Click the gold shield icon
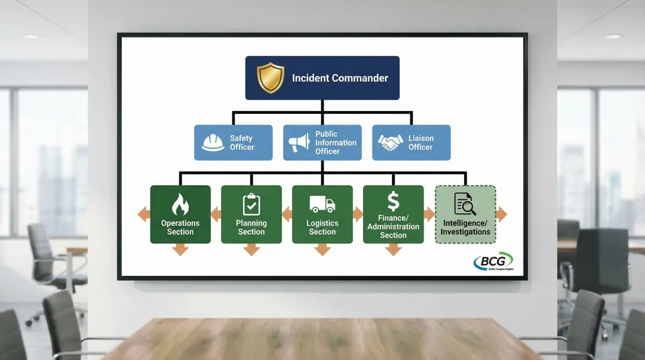(271, 78)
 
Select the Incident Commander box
(322, 78)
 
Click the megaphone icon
(299, 142)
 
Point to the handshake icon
(391, 143)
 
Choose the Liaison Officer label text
(420, 143)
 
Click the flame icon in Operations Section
(180, 205)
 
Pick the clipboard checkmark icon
(251, 204)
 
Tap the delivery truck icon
(322, 205)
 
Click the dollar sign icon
(393, 201)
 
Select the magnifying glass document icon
(465, 204)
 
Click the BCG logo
(493, 261)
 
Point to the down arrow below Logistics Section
(322, 250)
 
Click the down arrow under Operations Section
(180, 250)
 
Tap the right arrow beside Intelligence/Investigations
(501, 214)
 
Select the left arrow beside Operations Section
(143, 214)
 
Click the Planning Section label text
(251, 227)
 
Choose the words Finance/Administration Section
(393, 227)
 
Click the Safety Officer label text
(242, 143)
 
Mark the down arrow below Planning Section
(251, 250)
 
